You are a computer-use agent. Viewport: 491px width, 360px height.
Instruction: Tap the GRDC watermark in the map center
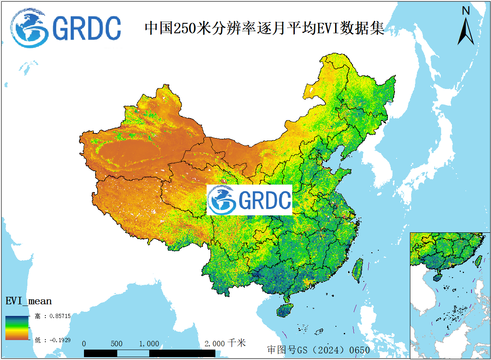[x=249, y=200]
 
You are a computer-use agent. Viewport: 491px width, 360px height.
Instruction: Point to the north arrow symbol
[x=466, y=31]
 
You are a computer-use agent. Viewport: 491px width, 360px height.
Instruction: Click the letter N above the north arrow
[x=466, y=10]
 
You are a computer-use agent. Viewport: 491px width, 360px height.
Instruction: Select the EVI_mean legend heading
[x=28, y=301]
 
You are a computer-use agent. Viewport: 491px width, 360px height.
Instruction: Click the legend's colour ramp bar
[x=17, y=328]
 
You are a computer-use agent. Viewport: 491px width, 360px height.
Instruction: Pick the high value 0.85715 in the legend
[x=52, y=316]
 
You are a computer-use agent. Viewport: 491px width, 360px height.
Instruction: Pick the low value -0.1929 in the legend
[x=52, y=340]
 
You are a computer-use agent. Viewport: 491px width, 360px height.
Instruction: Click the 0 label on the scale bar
[x=84, y=344]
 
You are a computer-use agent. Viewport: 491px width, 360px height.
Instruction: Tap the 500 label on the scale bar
[x=116, y=344]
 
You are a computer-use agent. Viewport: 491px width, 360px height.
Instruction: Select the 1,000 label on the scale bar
[x=149, y=344]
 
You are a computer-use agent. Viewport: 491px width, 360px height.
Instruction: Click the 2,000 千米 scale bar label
[x=225, y=343]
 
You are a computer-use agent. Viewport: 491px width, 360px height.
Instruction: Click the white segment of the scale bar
[x=133, y=353]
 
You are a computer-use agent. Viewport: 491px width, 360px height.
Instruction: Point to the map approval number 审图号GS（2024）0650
[x=318, y=350]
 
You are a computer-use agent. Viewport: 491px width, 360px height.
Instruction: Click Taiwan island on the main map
[x=357, y=270]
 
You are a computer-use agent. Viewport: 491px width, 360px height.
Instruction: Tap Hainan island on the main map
[x=285, y=310]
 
